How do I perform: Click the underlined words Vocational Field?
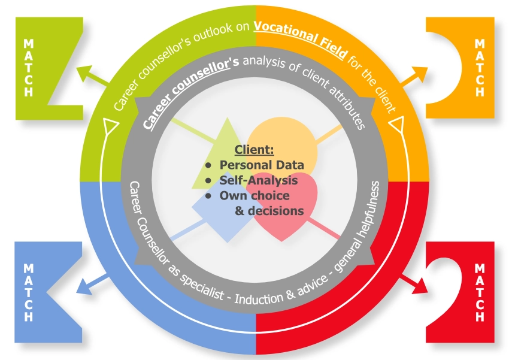tap(299, 45)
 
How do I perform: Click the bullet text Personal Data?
tap(262, 165)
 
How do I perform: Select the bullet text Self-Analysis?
tap(259, 180)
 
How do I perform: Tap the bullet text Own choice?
tap(255, 195)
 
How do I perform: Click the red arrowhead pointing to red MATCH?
tap(423, 287)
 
